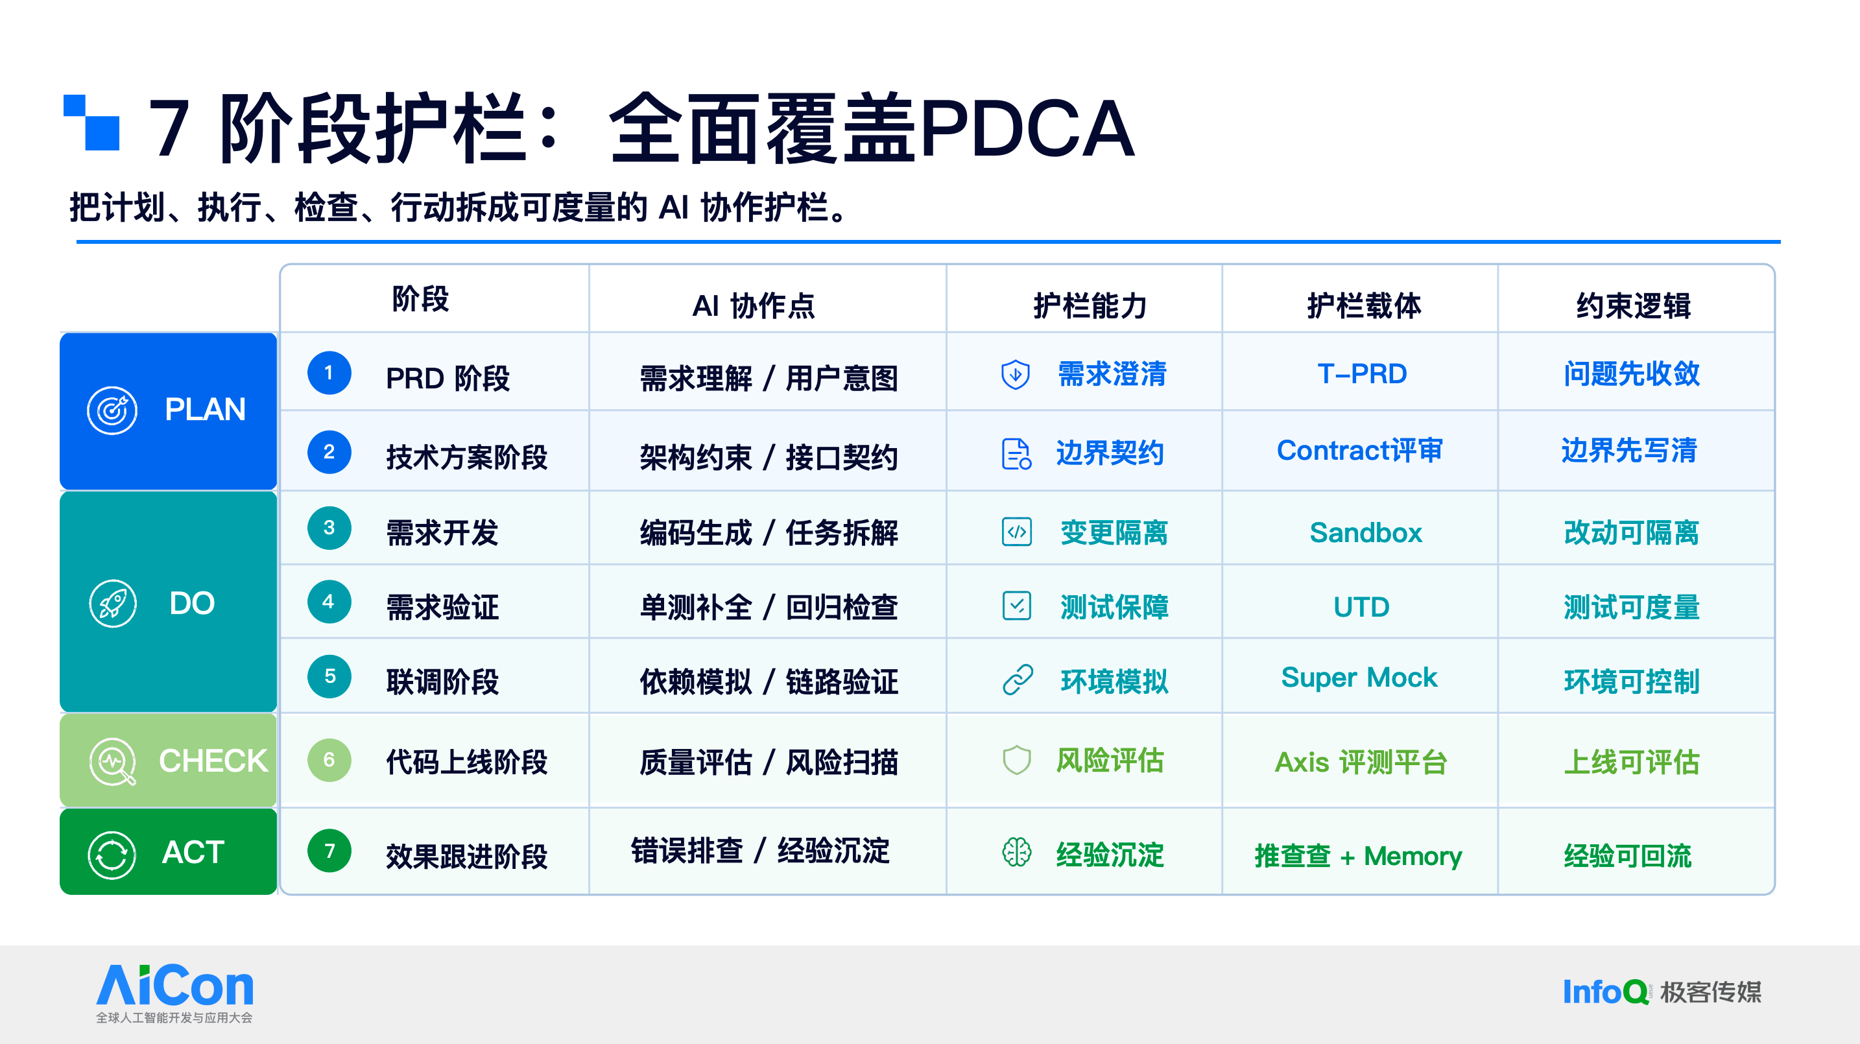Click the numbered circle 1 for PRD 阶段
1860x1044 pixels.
point(329,373)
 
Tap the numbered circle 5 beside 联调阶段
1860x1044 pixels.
point(329,676)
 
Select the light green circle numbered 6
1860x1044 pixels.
point(329,759)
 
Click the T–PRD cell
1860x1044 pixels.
point(1362,374)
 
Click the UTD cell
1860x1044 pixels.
point(1361,607)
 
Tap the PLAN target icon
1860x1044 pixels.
point(112,410)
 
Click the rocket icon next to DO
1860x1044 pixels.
point(113,604)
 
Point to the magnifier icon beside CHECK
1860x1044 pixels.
point(113,762)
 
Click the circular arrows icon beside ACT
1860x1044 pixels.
point(112,854)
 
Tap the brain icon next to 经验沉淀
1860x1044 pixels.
point(1017,853)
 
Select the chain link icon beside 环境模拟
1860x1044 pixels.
point(1018,680)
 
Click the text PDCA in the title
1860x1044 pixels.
point(1026,128)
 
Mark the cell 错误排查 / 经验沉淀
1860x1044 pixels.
point(760,851)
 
